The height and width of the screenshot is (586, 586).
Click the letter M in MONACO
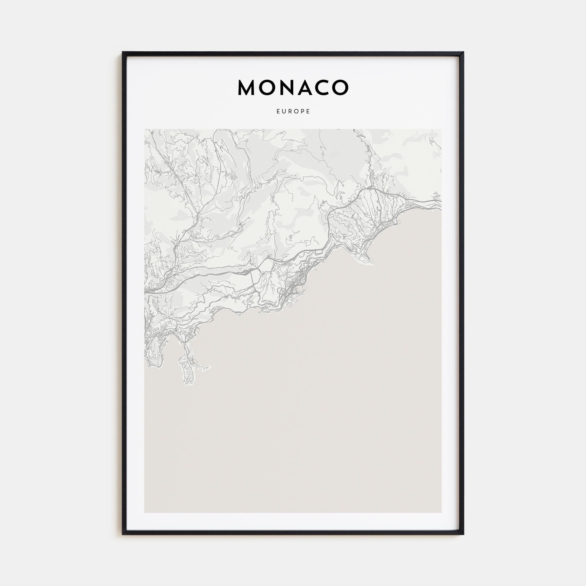click(x=246, y=88)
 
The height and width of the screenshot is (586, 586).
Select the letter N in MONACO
click(x=287, y=88)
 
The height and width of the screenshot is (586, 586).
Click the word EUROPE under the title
click(x=293, y=111)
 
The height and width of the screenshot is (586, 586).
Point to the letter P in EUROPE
click(x=302, y=111)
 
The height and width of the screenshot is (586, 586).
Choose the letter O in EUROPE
click(x=296, y=111)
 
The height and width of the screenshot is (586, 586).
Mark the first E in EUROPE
click(x=278, y=111)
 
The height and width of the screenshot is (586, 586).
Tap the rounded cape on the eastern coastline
click(x=367, y=261)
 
